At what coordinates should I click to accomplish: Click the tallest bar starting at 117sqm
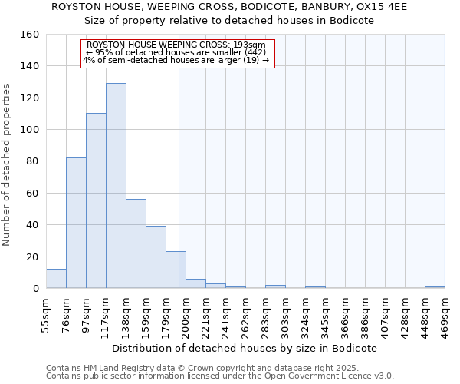(116, 186)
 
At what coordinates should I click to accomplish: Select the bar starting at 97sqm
(96, 201)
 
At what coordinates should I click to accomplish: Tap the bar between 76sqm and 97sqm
(76, 223)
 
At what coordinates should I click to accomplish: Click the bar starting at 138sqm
(136, 243)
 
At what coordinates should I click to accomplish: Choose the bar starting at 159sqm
(156, 257)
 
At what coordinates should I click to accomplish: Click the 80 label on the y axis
(33, 161)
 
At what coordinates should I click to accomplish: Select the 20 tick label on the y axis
(33, 257)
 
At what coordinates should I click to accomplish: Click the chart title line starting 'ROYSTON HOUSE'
(230, 7)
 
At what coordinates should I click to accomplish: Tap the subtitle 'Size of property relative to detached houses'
(230, 21)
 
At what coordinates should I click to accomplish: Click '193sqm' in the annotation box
(251, 45)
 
